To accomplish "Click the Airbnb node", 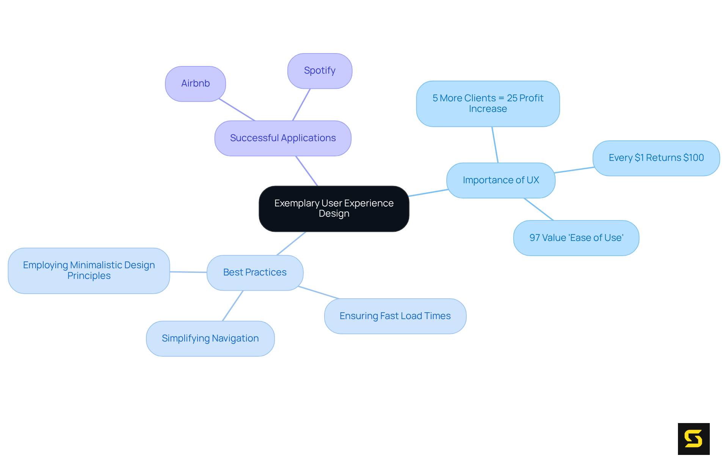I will pyautogui.click(x=195, y=84).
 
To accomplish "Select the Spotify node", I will pyautogui.click(x=320, y=71).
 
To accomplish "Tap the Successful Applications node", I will pyautogui.click(x=283, y=138).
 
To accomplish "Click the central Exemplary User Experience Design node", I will pyautogui.click(x=334, y=208).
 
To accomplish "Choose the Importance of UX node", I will pyautogui.click(x=500, y=180).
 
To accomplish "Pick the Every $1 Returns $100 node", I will pyautogui.click(x=656, y=158).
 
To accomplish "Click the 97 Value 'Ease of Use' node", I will pyautogui.click(x=576, y=238).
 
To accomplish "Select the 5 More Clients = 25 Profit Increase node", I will pyautogui.click(x=488, y=104).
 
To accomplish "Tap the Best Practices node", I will pyautogui.click(x=255, y=272).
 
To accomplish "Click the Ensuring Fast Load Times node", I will pyautogui.click(x=395, y=316).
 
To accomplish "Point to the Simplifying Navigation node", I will pyautogui.click(x=210, y=338).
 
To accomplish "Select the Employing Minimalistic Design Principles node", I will pyautogui.click(x=89, y=271).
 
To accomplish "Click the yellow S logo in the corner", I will pyautogui.click(x=693, y=439).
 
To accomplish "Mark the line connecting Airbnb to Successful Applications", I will pyautogui.click(x=237, y=110).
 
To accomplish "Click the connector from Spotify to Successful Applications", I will pyautogui.click(x=301, y=105).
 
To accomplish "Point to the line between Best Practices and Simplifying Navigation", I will pyautogui.click(x=232, y=306).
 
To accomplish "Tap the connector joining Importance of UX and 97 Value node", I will pyautogui.click(x=538, y=209).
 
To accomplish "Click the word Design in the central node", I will pyautogui.click(x=334, y=214).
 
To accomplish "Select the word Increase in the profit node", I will pyautogui.click(x=488, y=109).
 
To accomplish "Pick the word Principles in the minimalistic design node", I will pyautogui.click(x=89, y=276).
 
